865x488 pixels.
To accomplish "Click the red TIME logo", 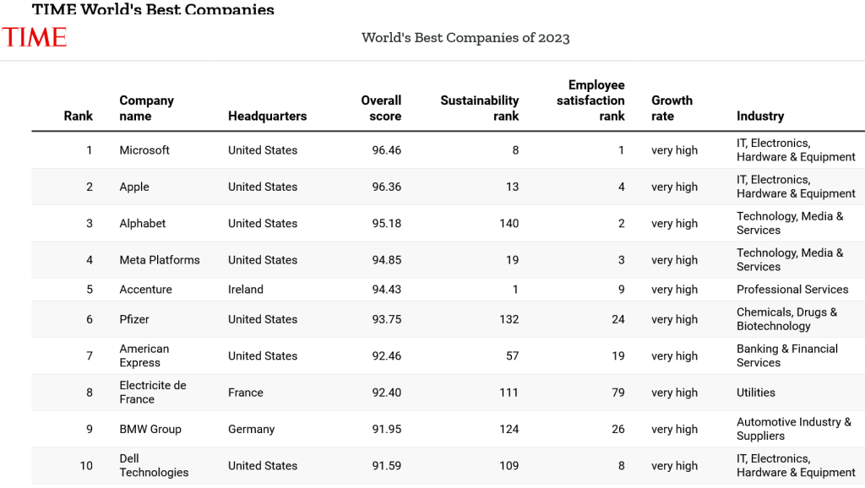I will coord(34,37).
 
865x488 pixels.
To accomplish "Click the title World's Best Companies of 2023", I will coord(465,38).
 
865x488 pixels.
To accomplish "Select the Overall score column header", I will coord(381,108).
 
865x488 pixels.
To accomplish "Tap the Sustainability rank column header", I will coord(479,108).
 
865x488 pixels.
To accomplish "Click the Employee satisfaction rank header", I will coord(590,100).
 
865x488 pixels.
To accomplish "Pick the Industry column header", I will coord(759,116).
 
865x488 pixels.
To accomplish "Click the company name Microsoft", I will coord(144,150).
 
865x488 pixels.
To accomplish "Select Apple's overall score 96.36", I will coord(387,187).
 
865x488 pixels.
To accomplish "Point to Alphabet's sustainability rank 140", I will coord(508,224).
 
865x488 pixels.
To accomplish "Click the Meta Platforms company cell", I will coord(160,260).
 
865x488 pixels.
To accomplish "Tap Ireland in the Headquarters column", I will coord(246,290).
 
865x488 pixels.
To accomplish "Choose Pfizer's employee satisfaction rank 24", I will coord(618,319).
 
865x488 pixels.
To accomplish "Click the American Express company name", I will coord(144,355).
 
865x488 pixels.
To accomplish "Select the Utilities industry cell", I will coord(755,393).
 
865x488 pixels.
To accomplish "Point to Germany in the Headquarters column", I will coord(251,429).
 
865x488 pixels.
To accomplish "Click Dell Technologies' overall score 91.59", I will coord(387,465).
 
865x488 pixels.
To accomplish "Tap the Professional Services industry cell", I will coord(792,290).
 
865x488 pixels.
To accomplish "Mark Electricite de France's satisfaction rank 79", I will coord(618,393).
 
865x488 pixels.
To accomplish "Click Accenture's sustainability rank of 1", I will coord(515,290).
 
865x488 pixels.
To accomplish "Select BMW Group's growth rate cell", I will coord(674,429).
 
